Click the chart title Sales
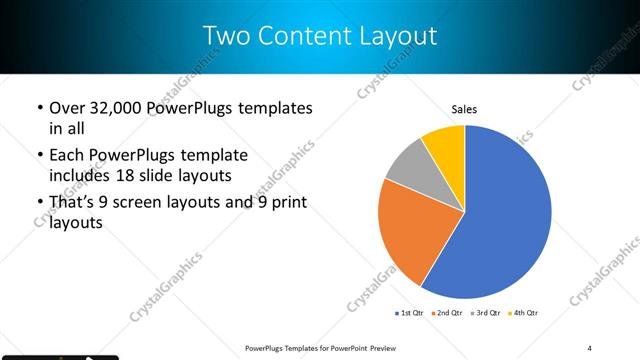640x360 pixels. coord(464,109)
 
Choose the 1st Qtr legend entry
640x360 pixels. coord(410,313)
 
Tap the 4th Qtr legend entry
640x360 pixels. coord(526,313)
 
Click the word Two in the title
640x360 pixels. coord(224,36)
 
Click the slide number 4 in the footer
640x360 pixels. coord(590,348)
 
